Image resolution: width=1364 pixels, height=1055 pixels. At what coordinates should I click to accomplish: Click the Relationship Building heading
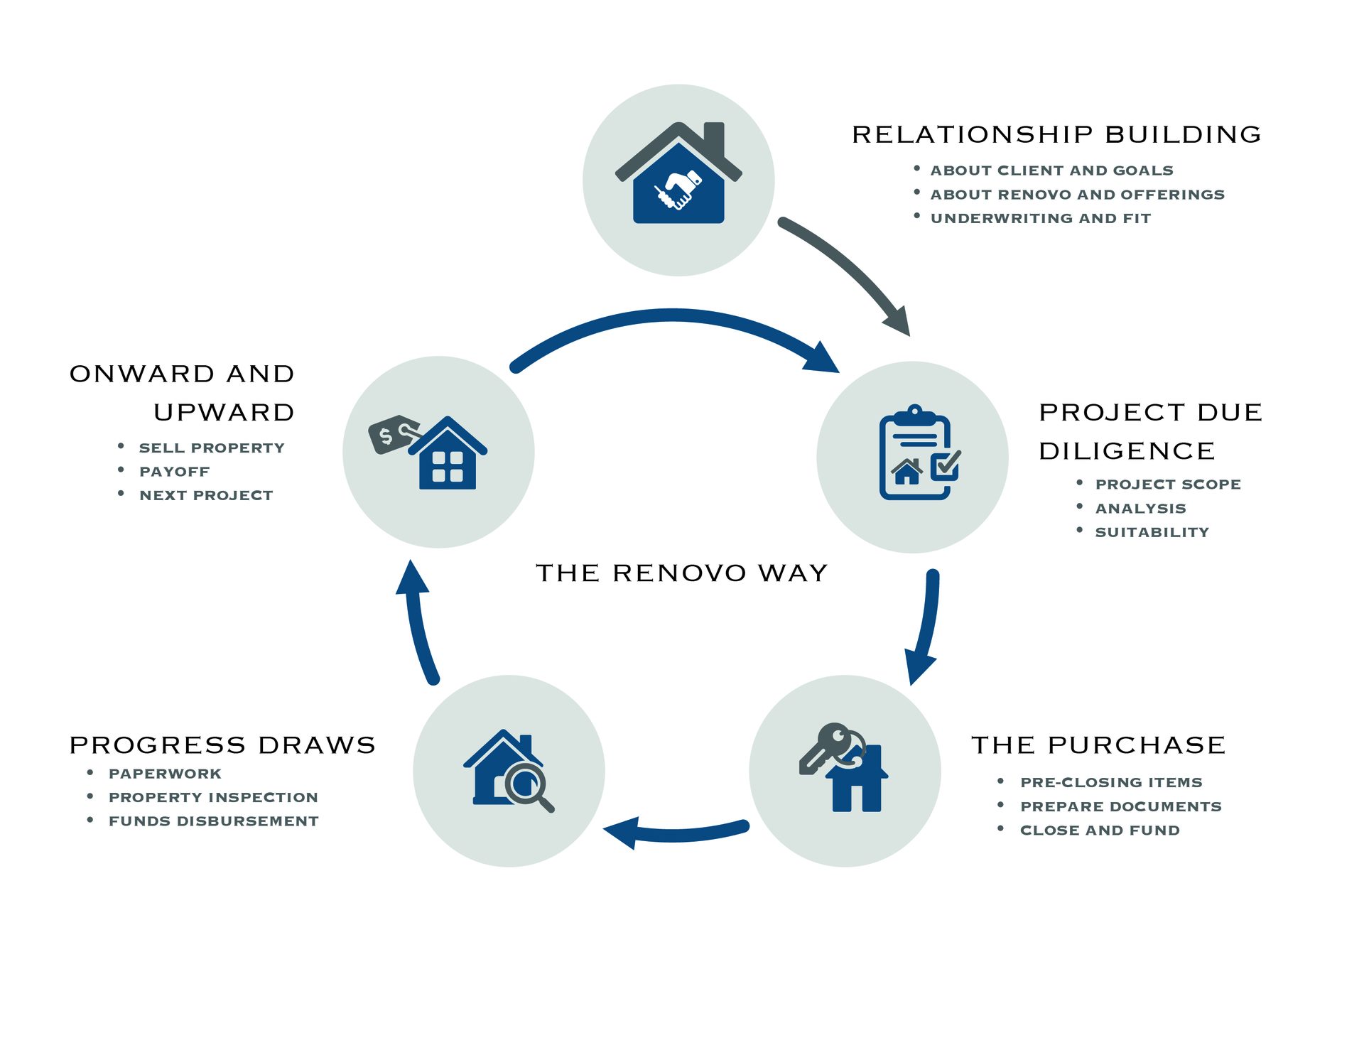[1056, 134]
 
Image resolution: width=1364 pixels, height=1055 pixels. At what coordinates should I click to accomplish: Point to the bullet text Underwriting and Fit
[1040, 219]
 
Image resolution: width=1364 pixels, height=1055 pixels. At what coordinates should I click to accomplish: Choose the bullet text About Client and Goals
[1051, 171]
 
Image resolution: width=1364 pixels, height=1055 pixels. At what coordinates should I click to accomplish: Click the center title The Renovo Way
[681, 573]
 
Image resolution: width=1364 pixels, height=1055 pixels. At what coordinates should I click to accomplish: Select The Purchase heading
[1098, 745]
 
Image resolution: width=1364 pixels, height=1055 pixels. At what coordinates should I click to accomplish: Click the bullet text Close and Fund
[1099, 831]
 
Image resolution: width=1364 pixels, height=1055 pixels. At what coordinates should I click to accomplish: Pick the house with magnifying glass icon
[507, 770]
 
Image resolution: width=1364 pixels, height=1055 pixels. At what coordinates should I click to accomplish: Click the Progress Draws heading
[222, 745]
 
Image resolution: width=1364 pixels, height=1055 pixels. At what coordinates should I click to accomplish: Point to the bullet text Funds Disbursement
[213, 821]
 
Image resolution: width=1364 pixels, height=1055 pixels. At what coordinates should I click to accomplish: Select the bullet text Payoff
[174, 472]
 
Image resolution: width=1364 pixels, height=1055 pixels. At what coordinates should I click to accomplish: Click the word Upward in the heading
[224, 412]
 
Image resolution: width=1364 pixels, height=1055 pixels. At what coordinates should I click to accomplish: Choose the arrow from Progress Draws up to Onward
[418, 625]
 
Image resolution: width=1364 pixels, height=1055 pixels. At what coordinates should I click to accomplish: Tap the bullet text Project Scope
[1167, 485]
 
